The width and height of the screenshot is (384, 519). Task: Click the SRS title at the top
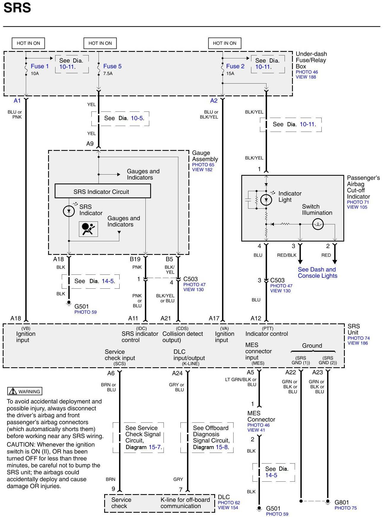pos(17,8)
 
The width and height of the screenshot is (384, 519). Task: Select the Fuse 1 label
pos(39,66)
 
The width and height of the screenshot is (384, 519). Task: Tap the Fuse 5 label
pos(112,66)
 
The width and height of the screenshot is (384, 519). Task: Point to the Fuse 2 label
pos(235,66)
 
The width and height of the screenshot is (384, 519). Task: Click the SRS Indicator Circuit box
pos(103,191)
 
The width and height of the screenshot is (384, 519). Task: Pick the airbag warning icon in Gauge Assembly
pos(88,229)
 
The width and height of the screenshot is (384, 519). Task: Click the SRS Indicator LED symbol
pos(69,211)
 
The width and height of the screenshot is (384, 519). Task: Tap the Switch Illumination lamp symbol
pos(318,224)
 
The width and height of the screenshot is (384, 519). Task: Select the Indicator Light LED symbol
pos(266,200)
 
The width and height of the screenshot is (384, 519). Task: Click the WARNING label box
pos(25,392)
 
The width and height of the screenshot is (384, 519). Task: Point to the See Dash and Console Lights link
pos(318,273)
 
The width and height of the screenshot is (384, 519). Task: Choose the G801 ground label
pos(342,502)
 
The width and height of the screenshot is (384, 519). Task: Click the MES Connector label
pos(261,416)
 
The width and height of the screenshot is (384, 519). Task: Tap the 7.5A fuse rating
pos(108,74)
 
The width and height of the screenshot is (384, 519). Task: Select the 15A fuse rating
pos(230,74)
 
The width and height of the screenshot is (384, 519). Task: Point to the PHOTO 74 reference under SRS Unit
pos(358,338)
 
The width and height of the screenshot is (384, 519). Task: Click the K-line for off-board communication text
pos(185,503)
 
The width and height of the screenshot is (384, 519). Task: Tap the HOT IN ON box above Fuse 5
pos(100,43)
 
